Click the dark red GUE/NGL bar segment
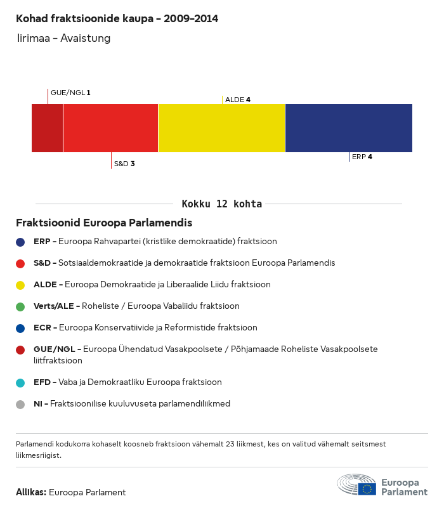point(48,128)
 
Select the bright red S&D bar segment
point(110,128)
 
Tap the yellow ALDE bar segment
point(221,128)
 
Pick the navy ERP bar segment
point(349,128)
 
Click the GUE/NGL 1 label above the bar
point(70,93)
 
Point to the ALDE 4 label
point(238,100)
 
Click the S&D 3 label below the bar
point(124,164)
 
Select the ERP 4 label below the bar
point(362,157)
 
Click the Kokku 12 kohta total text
point(222,204)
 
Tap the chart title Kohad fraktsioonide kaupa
point(117,19)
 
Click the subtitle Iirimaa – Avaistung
point(64,39)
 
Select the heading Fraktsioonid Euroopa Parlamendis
point(104,223)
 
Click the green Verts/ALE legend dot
point(20,306)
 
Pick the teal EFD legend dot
point(20,382)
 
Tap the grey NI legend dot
point(20,404)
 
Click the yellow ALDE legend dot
point(20,285)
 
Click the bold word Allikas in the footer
point(30,492)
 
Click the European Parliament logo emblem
point(356,485)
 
